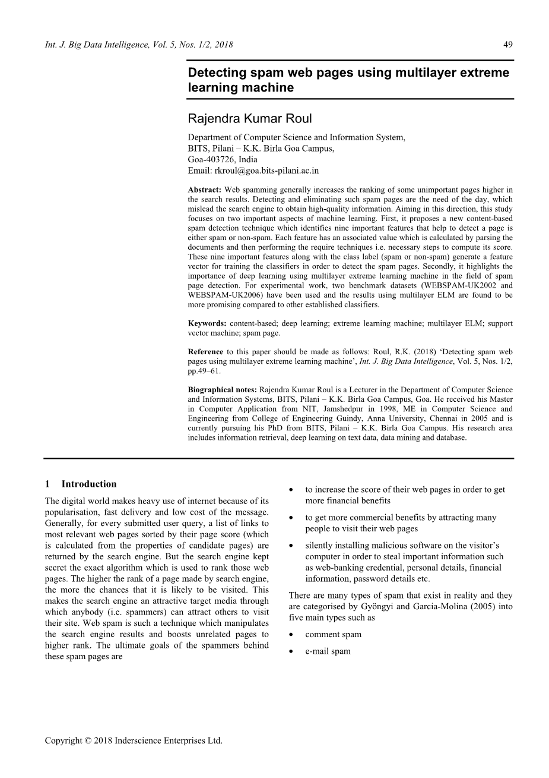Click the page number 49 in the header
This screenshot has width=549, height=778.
[x=508, y=45]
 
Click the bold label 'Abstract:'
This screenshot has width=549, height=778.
[x=205, y=190]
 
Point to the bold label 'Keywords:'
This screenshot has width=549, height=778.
[x=207, y=323]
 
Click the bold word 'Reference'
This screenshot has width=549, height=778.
[x=205, y=352]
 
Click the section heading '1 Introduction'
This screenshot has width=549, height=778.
[x=81, y=484]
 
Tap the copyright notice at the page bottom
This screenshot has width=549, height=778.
[x=134, y=741]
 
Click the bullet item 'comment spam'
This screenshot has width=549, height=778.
[x=333, y=634]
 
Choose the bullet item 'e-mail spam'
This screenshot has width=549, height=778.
[x=328, y=651]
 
